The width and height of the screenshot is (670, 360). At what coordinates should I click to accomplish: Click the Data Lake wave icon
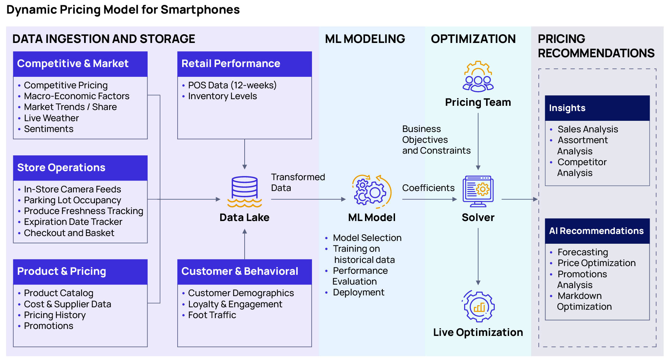244,203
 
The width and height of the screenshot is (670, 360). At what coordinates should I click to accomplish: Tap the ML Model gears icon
371,192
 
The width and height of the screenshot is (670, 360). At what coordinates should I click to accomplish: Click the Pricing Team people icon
478,77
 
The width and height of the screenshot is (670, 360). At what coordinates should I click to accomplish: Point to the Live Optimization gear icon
478,306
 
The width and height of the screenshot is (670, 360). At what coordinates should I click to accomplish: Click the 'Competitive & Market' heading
73,64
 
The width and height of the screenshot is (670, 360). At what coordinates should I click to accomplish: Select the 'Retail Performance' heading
231,64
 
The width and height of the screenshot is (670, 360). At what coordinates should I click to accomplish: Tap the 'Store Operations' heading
61,168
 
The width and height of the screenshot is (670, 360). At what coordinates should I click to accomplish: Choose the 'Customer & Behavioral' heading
240,271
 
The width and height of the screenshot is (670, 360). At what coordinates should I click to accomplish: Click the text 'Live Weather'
51,118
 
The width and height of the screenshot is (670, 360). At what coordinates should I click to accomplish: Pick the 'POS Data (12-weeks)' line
232,85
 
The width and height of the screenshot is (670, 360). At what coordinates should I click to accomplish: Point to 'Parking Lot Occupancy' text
72,200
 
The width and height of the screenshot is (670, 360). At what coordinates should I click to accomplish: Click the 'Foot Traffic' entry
212,315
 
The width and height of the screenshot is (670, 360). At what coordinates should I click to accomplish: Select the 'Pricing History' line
54,315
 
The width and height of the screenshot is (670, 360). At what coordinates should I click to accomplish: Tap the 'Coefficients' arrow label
428,188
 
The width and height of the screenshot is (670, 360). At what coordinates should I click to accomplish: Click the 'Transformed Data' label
298,182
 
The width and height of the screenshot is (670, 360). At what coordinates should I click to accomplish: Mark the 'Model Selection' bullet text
367,238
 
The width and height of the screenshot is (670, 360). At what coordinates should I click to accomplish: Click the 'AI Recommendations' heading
596,231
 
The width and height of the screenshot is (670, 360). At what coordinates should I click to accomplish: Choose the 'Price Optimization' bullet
596,263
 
